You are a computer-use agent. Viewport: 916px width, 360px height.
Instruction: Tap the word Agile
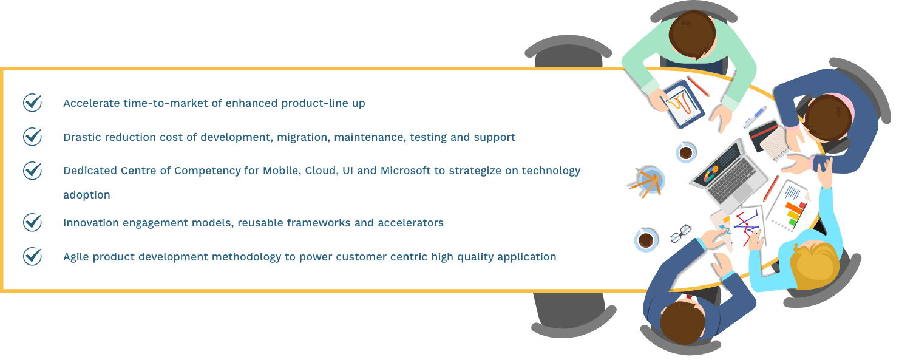point(76,257)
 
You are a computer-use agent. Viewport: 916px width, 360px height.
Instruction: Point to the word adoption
point(87,195)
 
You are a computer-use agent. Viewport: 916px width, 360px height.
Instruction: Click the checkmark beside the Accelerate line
point(32,102)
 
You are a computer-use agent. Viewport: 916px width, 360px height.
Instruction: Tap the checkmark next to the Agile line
point(32,256)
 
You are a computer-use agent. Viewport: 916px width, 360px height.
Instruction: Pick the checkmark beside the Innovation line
point(32,222)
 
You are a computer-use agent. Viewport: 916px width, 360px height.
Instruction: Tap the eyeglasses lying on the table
point(680,233)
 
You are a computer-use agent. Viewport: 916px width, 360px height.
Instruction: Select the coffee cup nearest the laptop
point(686,152)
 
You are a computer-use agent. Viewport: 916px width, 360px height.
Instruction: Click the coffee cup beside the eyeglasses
point(646,240)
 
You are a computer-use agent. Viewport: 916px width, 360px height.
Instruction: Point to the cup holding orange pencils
point(650,181)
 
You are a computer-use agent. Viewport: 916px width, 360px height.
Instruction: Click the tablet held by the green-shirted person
point(682,103)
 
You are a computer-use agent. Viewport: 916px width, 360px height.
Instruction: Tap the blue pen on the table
point(755,117)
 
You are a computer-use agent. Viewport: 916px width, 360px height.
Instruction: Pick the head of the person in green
point(693,35)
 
